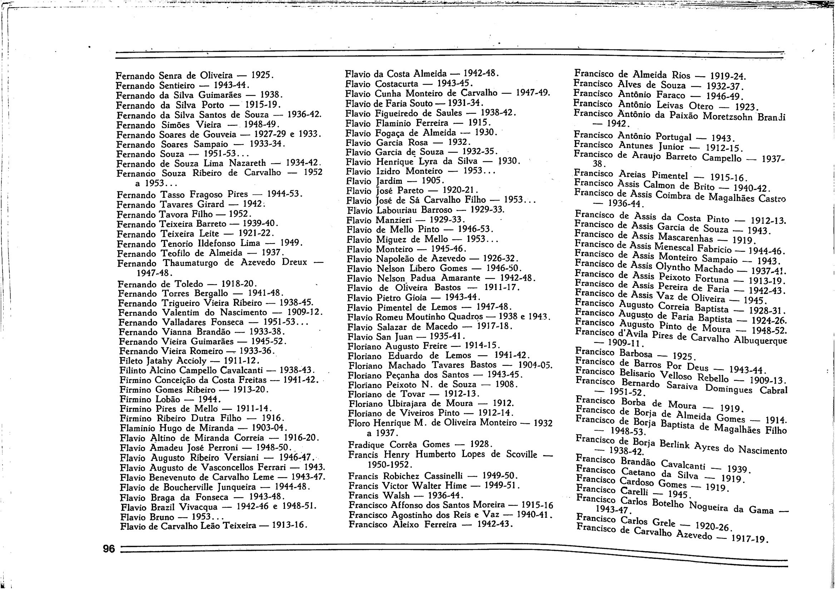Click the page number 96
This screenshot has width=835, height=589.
109,549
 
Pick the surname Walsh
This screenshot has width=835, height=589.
395,496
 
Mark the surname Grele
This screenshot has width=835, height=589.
664,523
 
